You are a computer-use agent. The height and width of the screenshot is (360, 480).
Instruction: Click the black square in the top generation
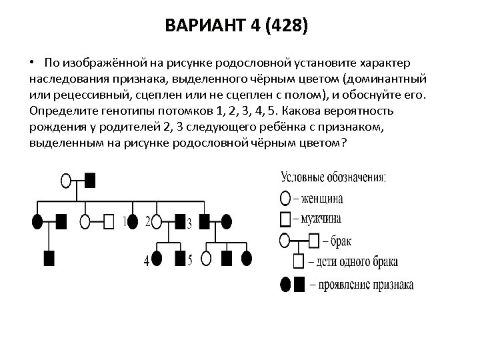[x=90, y=180]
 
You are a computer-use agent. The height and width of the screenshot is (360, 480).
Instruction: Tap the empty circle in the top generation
[x=66, y=180]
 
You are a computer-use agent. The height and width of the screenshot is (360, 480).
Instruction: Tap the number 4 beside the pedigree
[x=147, y=261]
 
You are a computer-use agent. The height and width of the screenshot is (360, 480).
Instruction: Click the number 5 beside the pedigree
[x=190, y=260]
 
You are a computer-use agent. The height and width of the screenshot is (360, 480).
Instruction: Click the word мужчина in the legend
[x=321, y=218]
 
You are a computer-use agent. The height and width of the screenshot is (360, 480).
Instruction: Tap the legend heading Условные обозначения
[x=333, y=178]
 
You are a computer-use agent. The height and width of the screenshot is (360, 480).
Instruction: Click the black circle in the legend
[x=283, y=285]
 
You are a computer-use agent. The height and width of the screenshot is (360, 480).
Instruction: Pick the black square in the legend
[x=299, y=285]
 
